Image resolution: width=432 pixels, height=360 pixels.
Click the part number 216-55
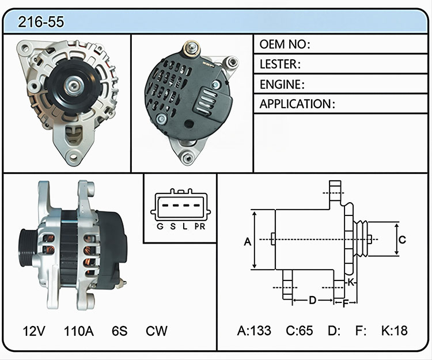[x=41, y=22]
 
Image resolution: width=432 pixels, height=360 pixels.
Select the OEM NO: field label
[x=285, y=44]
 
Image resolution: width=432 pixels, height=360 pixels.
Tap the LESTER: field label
[x=280, y=64]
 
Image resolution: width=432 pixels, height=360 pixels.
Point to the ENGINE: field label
[x=282, y=84]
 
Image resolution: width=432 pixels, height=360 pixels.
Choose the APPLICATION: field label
[x=297, y=104]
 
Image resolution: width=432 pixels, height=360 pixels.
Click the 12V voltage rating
[x=34, y=331]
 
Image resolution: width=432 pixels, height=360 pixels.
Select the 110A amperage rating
[x=79, y=331]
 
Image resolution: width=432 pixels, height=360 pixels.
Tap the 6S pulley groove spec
[x=120, y=331]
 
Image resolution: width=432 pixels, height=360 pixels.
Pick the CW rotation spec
[x=157, y=331]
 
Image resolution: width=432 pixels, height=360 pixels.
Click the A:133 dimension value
[x=254, y=331]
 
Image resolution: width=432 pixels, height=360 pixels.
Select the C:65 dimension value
[x=299, y=331]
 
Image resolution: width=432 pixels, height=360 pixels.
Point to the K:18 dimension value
[x=394, y=331]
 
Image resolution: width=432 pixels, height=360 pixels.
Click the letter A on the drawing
[x=248, y=241]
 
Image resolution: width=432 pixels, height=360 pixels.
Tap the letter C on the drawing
[x=402, y=240]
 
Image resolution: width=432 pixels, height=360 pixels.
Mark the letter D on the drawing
[x=312, y=300]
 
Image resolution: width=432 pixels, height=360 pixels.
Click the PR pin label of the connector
[x=200, y=226]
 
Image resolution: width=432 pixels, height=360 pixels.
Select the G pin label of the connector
[x=160, y=226]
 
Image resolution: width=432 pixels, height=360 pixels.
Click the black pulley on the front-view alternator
[x=74, y=86]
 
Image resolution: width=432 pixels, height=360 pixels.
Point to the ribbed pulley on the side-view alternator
[x=27, y=248]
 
